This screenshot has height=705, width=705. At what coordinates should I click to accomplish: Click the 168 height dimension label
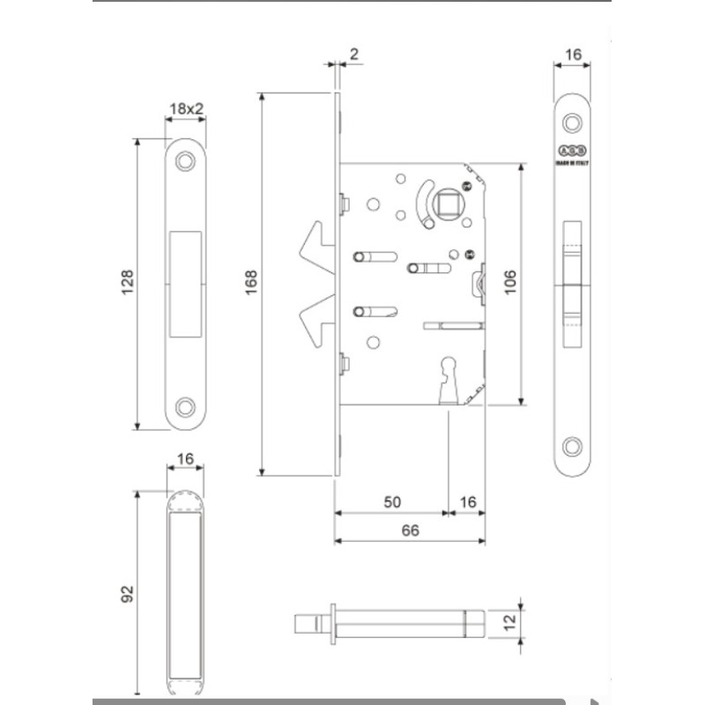[x=252, y=282]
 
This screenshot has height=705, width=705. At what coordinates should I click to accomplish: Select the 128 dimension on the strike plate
[x=127, y=283]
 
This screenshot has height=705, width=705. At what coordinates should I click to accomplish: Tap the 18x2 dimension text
[x=186, y=108]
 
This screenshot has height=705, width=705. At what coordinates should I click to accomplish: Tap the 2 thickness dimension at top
[x=353, y=55]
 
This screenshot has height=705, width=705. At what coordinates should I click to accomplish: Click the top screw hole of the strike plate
[x=186, y=161]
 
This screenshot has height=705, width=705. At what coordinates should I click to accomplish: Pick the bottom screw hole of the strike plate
[x=186, y=406]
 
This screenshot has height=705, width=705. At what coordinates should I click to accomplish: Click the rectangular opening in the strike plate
[x=186, y=283]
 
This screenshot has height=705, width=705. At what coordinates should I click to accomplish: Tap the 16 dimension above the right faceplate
[x=574, y=55]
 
